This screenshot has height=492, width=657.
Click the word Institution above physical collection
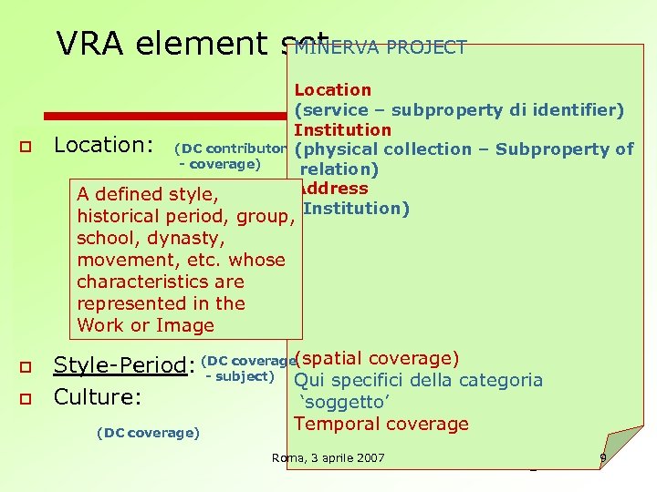[342, 129]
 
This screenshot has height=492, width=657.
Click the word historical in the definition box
[120, 216]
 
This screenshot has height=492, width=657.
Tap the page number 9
[603, 457]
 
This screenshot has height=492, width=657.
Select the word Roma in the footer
[289, 457]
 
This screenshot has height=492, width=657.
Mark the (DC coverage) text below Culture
[147, 433]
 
